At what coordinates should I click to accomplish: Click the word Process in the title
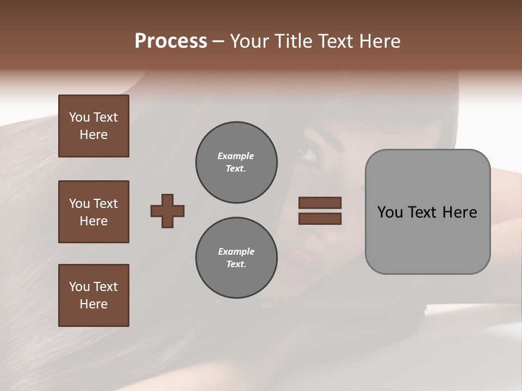[171, 41]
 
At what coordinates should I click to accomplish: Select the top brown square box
[94, 126]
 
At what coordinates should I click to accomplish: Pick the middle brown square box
[94, 212]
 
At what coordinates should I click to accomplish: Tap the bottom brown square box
[94, 295]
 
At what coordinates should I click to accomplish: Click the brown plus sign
[167, 211]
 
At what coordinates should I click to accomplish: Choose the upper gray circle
[237, 162]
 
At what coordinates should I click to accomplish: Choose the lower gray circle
[237, 258]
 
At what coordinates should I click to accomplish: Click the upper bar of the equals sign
[320, 203]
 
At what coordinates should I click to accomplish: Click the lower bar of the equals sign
[320, 218]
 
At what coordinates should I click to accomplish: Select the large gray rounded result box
[427, 212]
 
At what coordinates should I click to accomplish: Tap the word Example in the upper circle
[236, 156]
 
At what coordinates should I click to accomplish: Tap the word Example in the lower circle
[236, 251]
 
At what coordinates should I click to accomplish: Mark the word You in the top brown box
[79, 117]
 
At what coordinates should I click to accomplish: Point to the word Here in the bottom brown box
[94, 304]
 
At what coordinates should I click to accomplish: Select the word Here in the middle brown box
[94, 221]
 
